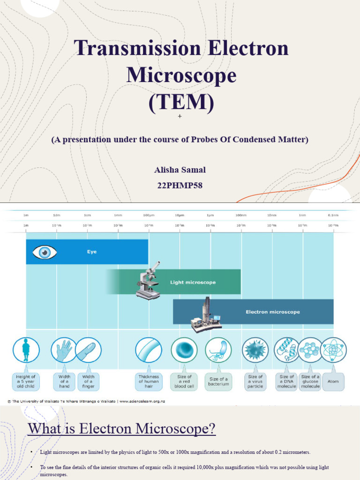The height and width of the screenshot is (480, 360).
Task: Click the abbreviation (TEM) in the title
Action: (180, 101)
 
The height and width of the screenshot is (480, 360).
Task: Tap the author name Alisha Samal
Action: (180, 170)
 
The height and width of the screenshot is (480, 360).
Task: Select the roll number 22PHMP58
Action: (180, 185)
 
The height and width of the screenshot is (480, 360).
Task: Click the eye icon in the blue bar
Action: (45, 252)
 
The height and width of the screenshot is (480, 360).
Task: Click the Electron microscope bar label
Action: (273, 312)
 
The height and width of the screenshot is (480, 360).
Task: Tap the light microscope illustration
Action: (149, 281)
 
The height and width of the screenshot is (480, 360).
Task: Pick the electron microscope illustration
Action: (206, 316)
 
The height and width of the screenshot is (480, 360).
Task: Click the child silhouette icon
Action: (26, 350)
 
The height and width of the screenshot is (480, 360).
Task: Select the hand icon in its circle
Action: (64, 350)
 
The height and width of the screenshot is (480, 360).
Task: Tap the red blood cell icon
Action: (184, 350)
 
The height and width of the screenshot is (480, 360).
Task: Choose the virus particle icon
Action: (255, 350)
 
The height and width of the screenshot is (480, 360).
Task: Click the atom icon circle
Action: (333, 350)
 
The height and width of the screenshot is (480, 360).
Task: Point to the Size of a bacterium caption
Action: (218, 382)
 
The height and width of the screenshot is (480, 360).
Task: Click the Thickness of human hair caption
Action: (149, 382)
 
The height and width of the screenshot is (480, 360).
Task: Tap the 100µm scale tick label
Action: (149, 215)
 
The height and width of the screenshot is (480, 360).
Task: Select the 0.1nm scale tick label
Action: (333, 215)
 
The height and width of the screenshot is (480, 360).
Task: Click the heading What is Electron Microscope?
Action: (122, 428)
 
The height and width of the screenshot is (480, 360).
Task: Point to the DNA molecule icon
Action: (287, 350)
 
